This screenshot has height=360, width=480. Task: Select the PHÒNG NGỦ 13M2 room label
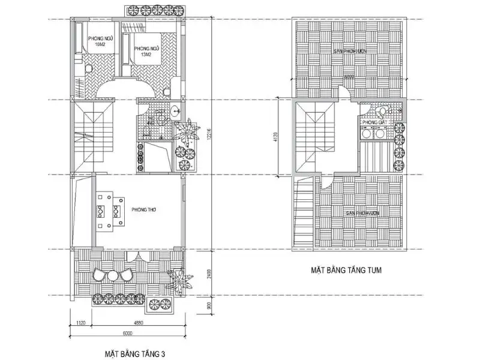click(145, 52)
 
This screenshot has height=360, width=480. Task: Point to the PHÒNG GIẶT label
click(373, 122)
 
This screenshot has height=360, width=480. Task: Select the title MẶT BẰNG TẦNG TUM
click(347, 271)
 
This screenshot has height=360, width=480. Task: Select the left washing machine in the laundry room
click(366, 135)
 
